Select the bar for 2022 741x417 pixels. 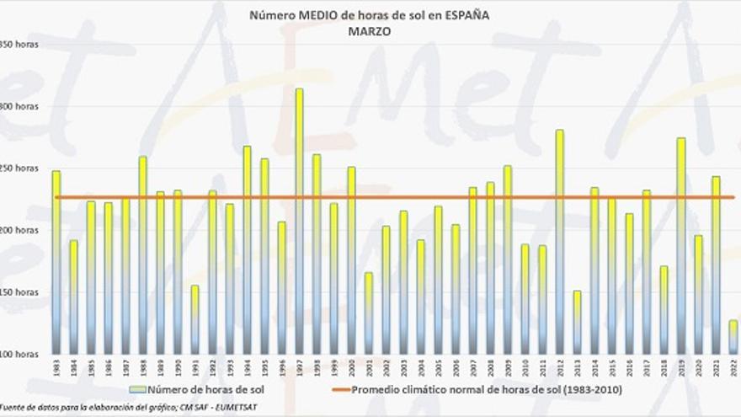[x=733, y=337]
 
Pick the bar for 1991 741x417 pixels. [x=195, y=319]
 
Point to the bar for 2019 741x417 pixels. [x=680, y=245]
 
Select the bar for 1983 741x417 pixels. [x=56, y=262]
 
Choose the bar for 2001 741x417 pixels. [x=368, y=313]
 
